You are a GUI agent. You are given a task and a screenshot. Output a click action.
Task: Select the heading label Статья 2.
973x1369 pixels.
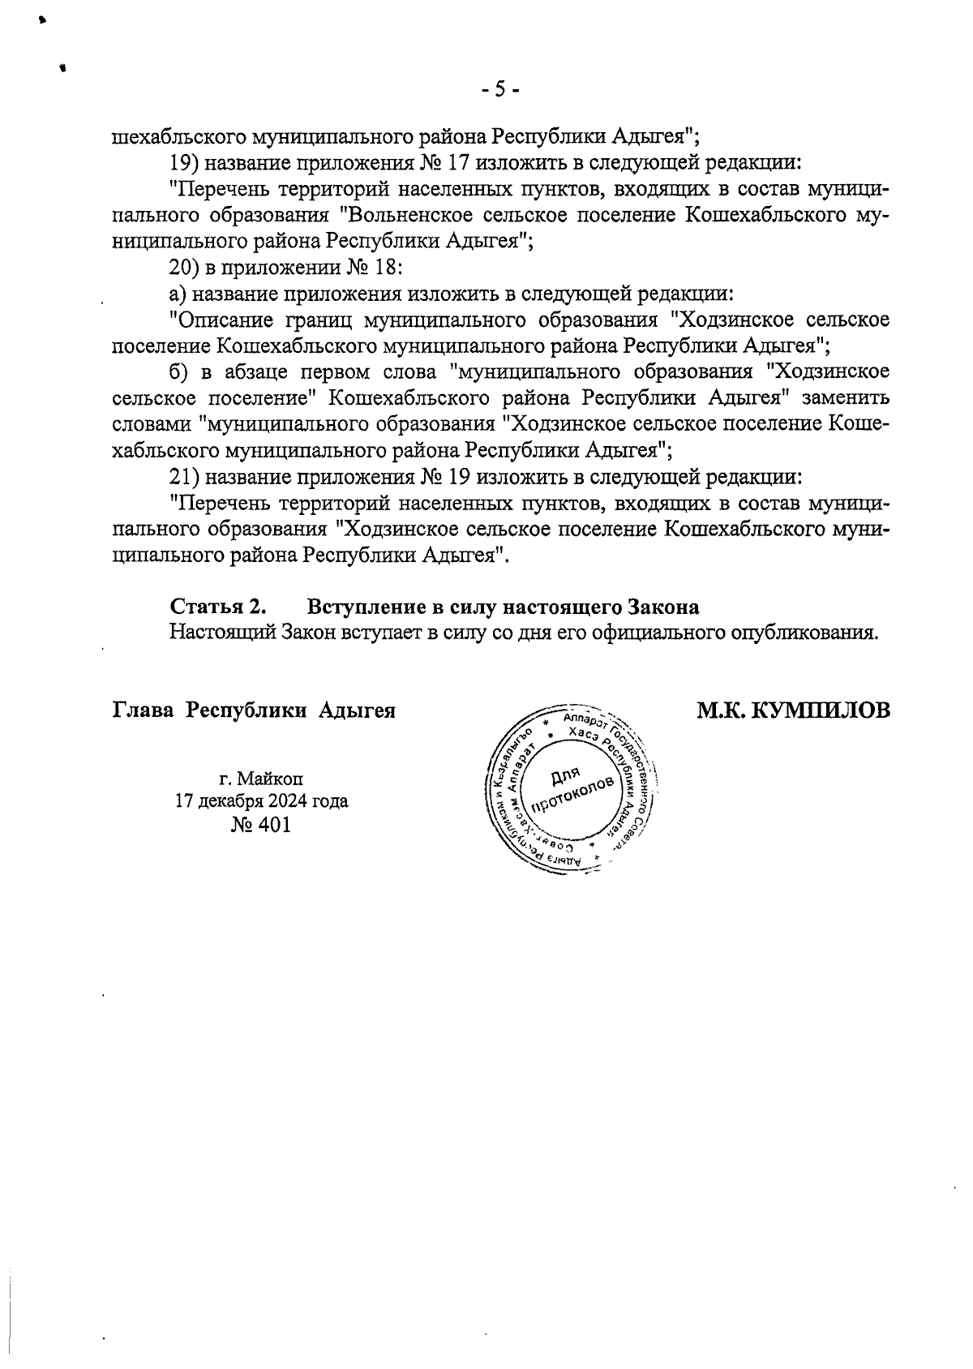click(217, 606)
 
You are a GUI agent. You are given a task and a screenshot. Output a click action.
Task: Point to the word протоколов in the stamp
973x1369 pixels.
click(572, 795)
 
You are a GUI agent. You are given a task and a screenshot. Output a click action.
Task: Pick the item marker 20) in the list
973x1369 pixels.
click(184, 267)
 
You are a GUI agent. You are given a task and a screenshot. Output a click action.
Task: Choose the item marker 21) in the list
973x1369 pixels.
click(184, 476)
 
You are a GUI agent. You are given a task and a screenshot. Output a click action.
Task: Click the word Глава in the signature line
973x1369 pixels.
click(143, 710)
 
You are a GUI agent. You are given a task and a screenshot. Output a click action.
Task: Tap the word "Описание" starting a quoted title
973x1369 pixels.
click(216, 320)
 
